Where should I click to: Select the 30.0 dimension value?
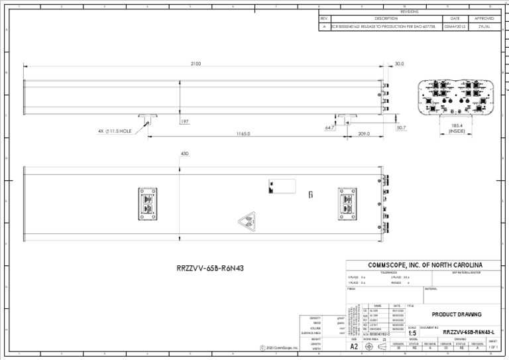click(x=399, y=64)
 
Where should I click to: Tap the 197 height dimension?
click(x=184, y=121)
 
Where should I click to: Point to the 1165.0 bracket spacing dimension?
click(x=243, y=134)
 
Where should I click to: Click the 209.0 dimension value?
click(x=364, y=134)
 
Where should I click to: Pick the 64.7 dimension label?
click(x=330, y=127)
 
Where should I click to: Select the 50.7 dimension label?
click(x=401, y=127)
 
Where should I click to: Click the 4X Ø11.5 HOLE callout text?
click(x=115, y=131)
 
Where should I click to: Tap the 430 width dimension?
click(x=184, y=153)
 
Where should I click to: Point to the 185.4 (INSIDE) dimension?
click(x=457, y=128)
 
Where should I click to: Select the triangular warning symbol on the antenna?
click(x=247, y=222)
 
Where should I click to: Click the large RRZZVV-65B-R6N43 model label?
click(x=205, y=269)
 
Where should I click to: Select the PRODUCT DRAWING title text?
click(x=457, y=314)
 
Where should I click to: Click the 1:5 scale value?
click(x=412, y=333)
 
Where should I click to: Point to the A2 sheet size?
click(x=354, y=346)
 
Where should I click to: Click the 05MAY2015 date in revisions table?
click(x=455, y=27)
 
